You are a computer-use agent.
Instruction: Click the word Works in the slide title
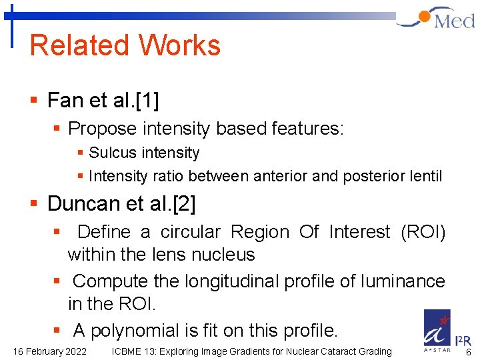coord(179,45)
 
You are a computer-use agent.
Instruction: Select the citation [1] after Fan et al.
coord(147,101)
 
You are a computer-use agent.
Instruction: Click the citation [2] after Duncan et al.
coord(183,204)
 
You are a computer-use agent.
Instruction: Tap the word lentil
coord(425,176)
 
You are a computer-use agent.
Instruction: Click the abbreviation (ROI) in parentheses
coord(423,232)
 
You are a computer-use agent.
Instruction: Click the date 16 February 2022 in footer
coord(49,351)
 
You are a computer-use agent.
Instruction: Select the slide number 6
coord(468,351)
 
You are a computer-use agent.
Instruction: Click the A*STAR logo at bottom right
coord(438,331)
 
